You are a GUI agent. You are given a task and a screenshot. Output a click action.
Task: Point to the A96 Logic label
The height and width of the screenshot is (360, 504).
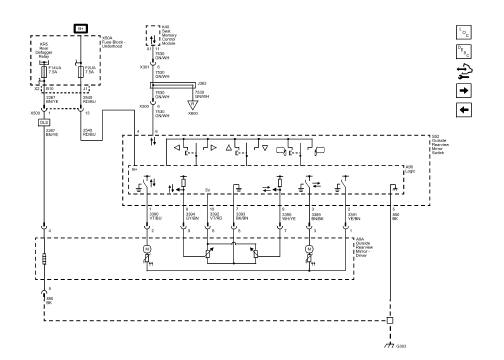410,169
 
